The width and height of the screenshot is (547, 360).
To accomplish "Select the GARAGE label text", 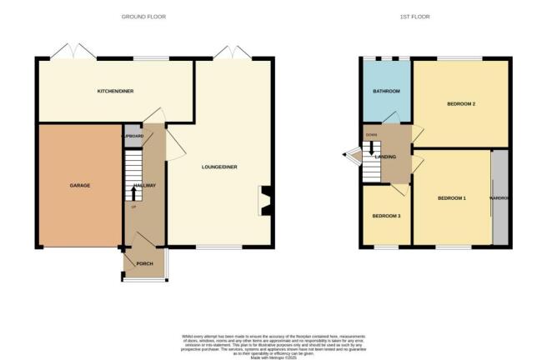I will coord(79,185).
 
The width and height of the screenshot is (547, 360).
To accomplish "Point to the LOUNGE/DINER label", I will coord(219,167).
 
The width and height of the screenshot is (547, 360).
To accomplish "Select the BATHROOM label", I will coord(386,91).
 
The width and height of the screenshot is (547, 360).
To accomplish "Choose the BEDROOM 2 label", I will coord(461,104).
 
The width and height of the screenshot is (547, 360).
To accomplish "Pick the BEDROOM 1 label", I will coord(452,197).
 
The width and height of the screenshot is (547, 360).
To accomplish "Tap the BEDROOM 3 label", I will coord(386,216).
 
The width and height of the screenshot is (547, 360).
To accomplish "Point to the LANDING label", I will coord(385,156).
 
